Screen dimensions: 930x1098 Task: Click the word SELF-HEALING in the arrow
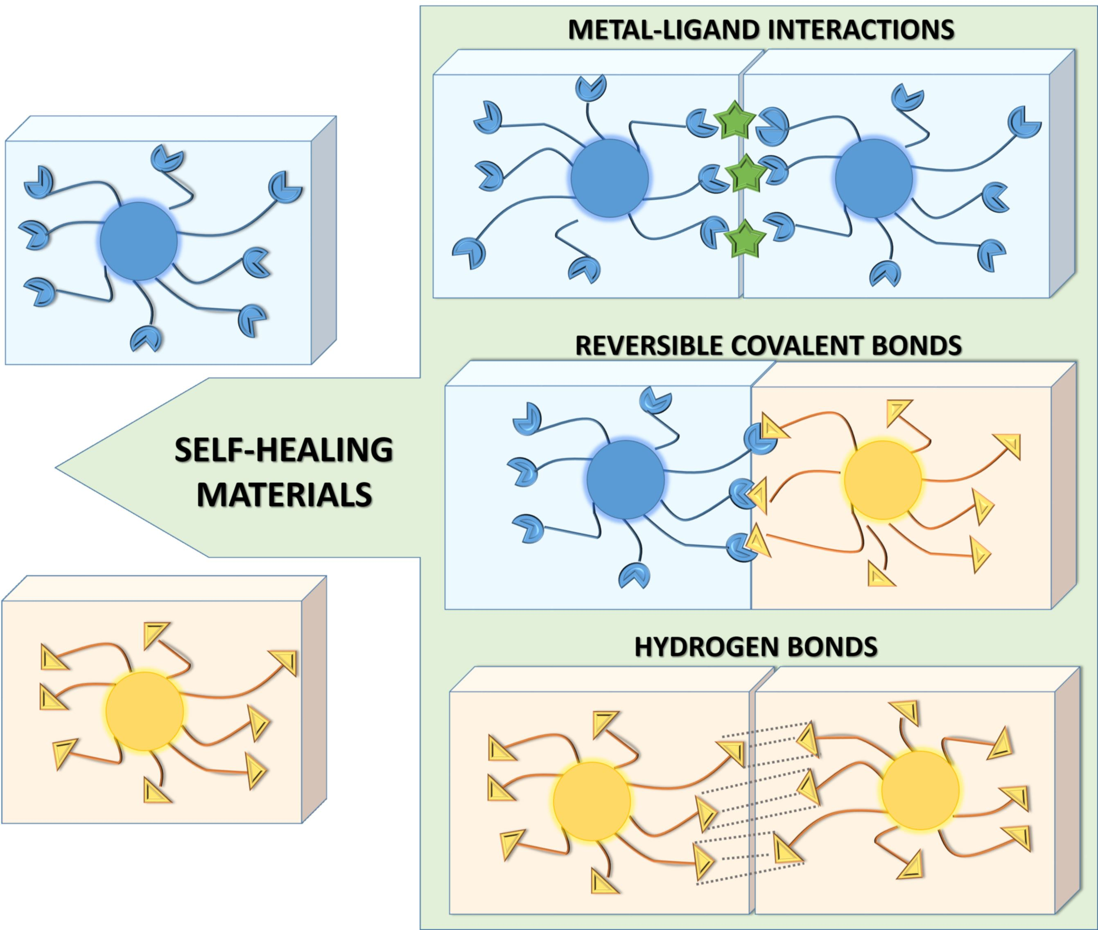tap(284, 450)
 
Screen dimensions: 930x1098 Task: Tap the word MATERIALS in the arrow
tap(285, 494)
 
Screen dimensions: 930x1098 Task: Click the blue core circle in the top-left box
tap(139, 241)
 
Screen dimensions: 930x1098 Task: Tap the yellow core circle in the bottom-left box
tap(145, 711)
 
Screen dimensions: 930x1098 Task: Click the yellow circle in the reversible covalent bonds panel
tap(882, 480)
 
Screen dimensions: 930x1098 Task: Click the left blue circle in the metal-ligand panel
tap(610, 178)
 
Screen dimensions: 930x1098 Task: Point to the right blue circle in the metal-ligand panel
tap(874, 178)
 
